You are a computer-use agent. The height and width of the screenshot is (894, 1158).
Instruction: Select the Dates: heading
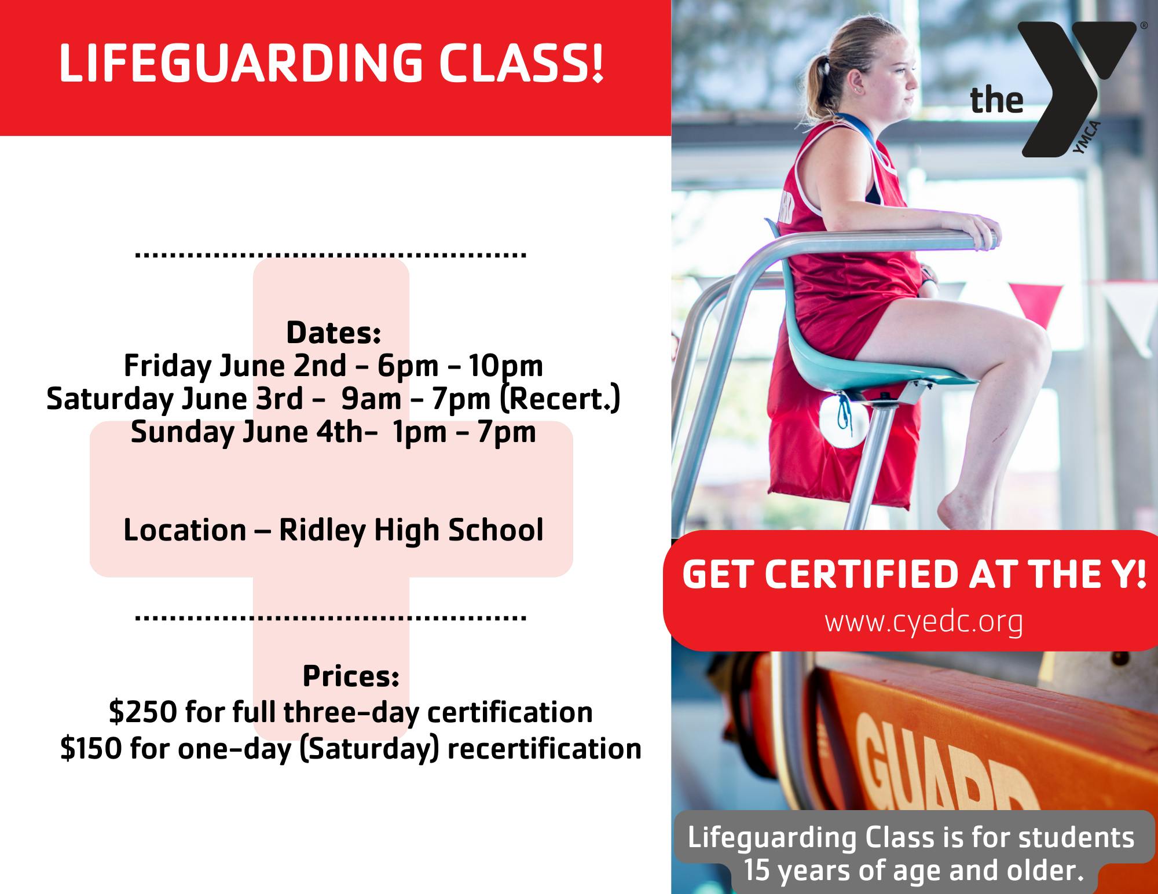pos(334,333)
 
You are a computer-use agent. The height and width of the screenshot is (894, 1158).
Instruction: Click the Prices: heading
pos(351,676)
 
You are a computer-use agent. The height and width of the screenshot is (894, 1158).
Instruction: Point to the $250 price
pos(142,712)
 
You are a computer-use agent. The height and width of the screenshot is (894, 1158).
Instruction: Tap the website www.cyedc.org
pos(924,621)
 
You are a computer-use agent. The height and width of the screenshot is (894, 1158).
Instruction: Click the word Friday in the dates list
pos(167,366)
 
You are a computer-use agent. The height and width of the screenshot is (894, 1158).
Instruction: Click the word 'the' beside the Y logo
pos(996,101)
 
